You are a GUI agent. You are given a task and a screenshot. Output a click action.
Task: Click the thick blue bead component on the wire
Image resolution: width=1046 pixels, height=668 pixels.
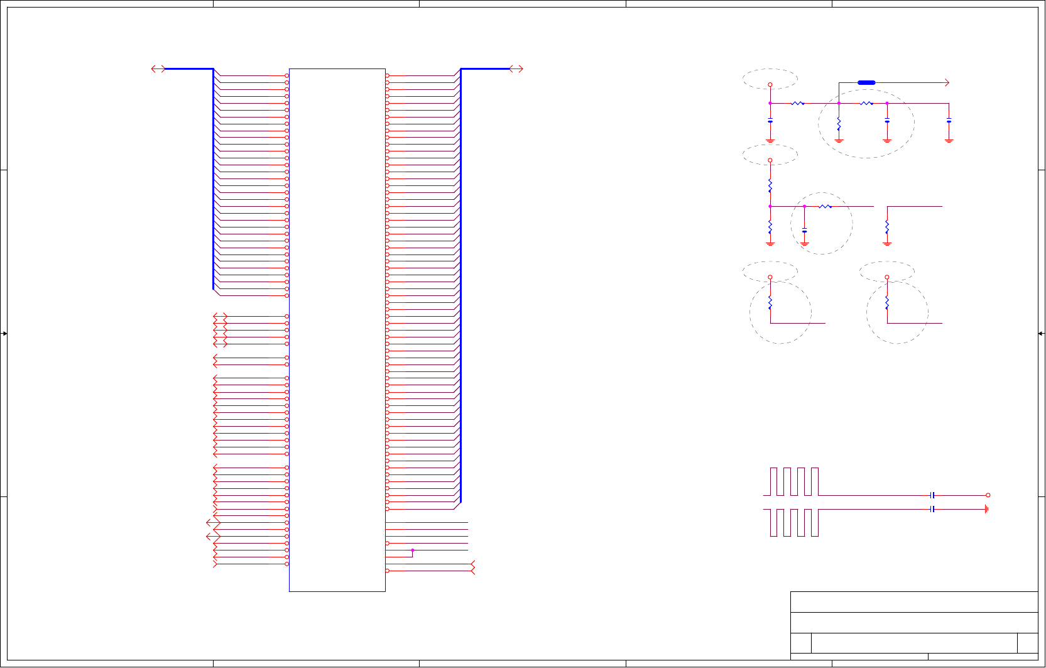866,82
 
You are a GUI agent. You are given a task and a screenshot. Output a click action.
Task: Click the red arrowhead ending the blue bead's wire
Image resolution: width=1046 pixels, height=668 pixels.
947,82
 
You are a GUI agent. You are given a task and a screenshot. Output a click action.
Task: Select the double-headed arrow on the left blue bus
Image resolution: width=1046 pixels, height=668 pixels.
158,68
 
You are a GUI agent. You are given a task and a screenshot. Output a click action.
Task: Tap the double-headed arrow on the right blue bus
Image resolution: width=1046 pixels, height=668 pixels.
516,68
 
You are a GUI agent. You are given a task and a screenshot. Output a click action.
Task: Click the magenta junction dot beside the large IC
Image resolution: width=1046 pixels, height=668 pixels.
413,550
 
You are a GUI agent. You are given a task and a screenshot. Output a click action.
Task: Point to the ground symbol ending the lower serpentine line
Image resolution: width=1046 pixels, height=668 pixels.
986,509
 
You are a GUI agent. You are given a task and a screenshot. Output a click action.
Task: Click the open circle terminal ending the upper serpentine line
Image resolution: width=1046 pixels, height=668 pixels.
988,495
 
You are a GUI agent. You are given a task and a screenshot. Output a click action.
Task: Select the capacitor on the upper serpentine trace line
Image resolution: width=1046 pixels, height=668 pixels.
932,495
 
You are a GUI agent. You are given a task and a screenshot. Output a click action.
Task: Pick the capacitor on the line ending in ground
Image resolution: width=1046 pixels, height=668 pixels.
932,509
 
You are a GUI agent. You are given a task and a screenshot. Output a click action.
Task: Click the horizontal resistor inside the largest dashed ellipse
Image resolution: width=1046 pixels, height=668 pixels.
866,103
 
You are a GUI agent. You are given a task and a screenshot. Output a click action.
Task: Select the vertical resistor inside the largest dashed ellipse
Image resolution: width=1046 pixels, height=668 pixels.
839,124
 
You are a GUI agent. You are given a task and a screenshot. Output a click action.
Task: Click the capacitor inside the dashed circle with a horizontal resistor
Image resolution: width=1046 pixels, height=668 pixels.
804,231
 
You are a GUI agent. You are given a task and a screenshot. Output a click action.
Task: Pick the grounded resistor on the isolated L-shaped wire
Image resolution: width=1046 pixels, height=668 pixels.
887,226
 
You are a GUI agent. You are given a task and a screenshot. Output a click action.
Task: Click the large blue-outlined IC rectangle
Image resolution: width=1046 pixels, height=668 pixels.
337,330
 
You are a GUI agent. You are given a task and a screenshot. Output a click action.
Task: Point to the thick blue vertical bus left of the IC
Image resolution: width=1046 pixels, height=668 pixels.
214,179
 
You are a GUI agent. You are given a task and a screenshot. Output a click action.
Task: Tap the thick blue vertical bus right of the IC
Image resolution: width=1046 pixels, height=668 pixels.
460,286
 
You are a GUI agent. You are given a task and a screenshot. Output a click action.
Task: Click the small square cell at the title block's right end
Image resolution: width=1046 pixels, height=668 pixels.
1027,643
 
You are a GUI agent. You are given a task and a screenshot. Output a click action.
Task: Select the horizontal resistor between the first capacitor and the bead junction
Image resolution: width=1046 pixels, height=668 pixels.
797,103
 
